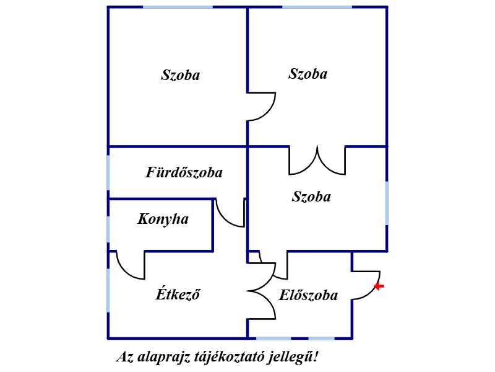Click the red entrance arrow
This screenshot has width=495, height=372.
coord(379,286)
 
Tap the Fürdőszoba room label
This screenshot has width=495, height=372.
coord(184,172)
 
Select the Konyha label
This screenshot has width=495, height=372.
coord(163,219)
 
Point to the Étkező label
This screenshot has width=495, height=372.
coord(178,293)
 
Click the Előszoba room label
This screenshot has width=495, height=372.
coord(308,295)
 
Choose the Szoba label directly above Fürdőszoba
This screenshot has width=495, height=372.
coord(181,75)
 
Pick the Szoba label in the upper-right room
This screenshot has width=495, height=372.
coord(308,74)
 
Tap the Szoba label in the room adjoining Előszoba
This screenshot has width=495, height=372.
coord(311,197)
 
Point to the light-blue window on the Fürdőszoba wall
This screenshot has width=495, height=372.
coord(108,172)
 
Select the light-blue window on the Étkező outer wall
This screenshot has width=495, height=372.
coord(108,290)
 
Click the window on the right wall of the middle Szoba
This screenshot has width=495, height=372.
coord(387,203)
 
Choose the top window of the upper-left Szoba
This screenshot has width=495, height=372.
coord(178,7)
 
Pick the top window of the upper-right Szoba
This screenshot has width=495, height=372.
coord(317,7)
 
